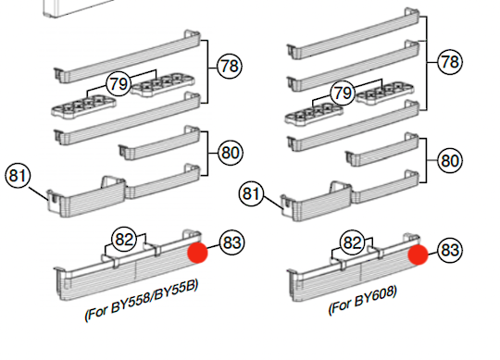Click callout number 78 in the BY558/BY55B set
point(229,66)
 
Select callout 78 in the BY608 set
point(450,63)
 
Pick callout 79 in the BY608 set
point(342,93)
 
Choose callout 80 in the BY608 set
point(450,159)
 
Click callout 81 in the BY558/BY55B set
point(18,174)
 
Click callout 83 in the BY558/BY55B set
point(231,242)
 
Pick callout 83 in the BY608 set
point(450,249)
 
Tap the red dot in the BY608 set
point(418,255)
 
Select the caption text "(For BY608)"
point(362,302)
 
